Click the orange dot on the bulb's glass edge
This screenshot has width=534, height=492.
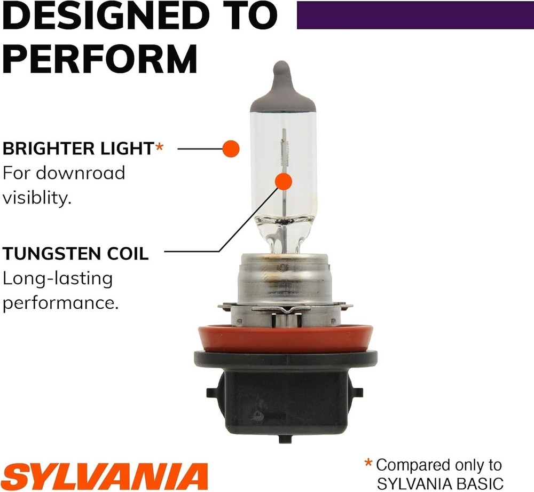point(231,148)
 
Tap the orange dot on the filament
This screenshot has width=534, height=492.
point(284,182)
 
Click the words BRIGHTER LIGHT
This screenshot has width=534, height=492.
point(78,149)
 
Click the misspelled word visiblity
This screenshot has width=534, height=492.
point(37,198)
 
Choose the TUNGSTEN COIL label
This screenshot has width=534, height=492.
point(76,254)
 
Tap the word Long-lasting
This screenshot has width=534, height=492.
point(58,279)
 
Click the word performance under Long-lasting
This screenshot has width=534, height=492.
point(60,303)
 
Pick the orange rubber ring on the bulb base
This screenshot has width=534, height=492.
point(285,338)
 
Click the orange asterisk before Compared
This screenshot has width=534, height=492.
point(368,463)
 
